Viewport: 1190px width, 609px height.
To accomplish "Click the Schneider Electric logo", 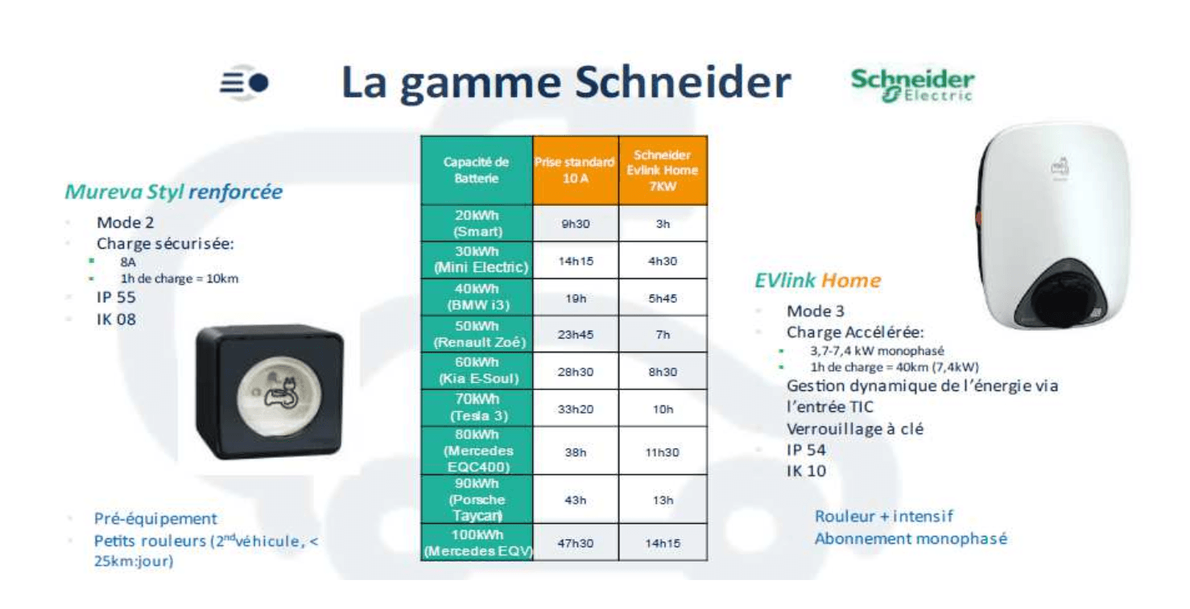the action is (912, 85).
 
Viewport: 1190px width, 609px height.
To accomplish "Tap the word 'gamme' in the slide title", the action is (480, 84).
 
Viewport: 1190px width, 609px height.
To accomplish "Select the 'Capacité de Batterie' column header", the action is (477, 171).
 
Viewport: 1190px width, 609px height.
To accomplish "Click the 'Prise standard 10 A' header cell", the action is (576, 171).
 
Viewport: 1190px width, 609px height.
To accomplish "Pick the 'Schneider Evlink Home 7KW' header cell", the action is (663, 171).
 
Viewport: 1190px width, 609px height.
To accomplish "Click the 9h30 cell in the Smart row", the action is (576, 224).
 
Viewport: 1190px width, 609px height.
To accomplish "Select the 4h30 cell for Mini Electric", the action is (663, 261).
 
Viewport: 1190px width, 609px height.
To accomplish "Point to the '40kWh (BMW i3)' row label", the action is (477, 298).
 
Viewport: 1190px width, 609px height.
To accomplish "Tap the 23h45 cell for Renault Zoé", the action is (576, 335).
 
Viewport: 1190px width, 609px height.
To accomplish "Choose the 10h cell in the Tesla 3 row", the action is (663, 409).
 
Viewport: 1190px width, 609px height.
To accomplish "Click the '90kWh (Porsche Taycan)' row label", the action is (477, 500).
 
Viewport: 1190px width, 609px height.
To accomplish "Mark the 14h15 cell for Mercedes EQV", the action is (663, 543).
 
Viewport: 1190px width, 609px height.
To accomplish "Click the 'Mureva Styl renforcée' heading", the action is (174, 192).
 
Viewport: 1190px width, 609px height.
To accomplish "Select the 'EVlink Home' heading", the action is (817, 280).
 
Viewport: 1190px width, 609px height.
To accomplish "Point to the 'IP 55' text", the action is (116, 298).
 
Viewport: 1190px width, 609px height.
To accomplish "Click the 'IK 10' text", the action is (807, 471).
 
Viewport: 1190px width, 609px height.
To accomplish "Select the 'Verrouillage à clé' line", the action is (855, 429).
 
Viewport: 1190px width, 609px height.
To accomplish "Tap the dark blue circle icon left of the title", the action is (258, 83).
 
